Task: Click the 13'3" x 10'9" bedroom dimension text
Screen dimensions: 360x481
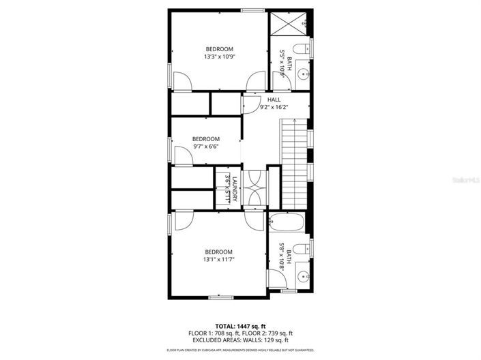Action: [219, 57]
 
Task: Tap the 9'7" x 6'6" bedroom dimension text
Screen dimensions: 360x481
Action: [205, 146]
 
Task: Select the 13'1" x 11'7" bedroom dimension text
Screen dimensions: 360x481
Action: [219, 259]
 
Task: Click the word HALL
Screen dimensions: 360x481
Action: [274, 100]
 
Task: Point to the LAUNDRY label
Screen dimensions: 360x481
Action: [234, 189]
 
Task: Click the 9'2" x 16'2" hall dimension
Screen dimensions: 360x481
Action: [273, 107]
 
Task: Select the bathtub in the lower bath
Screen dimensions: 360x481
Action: [287, 222]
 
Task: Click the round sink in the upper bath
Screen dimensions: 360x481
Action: [302, 76]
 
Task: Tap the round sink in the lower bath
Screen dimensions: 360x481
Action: [302, 276]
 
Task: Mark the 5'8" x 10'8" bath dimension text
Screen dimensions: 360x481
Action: [282, 260]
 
